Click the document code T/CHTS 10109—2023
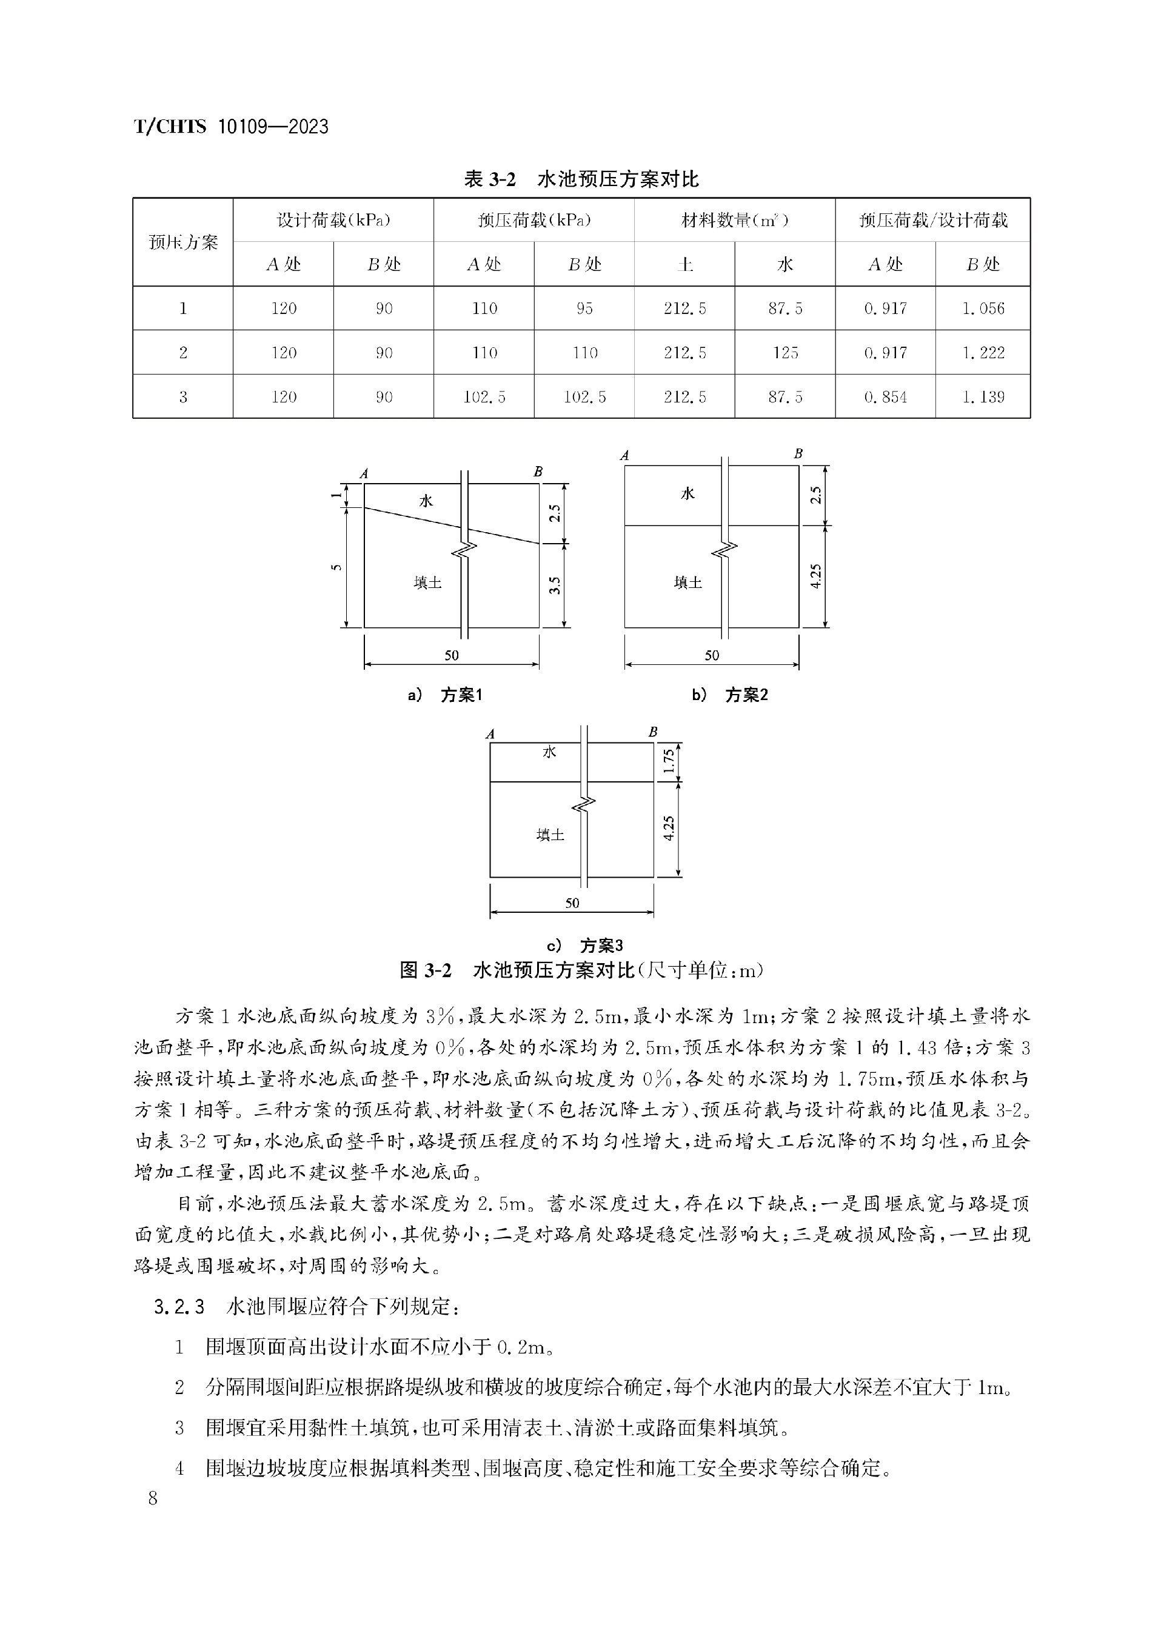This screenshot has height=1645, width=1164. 231,127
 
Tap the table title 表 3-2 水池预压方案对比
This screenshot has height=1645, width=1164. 581,179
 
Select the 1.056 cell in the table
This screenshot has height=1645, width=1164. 983,309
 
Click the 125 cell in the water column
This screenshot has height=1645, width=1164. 785,353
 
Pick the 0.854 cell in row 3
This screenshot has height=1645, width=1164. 885,397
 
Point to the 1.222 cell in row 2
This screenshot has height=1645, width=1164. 983,353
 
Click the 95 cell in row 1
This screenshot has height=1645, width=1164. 584,309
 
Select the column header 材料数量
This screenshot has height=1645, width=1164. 734,220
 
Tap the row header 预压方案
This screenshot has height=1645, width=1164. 182,242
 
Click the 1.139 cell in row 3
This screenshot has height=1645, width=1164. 983,397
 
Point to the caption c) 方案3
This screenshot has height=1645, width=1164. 585,945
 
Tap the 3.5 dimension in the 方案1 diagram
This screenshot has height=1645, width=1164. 554,586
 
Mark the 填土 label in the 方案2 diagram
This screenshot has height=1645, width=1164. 687,582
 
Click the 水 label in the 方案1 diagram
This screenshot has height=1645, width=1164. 426,501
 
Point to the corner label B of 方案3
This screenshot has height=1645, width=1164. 653,732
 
